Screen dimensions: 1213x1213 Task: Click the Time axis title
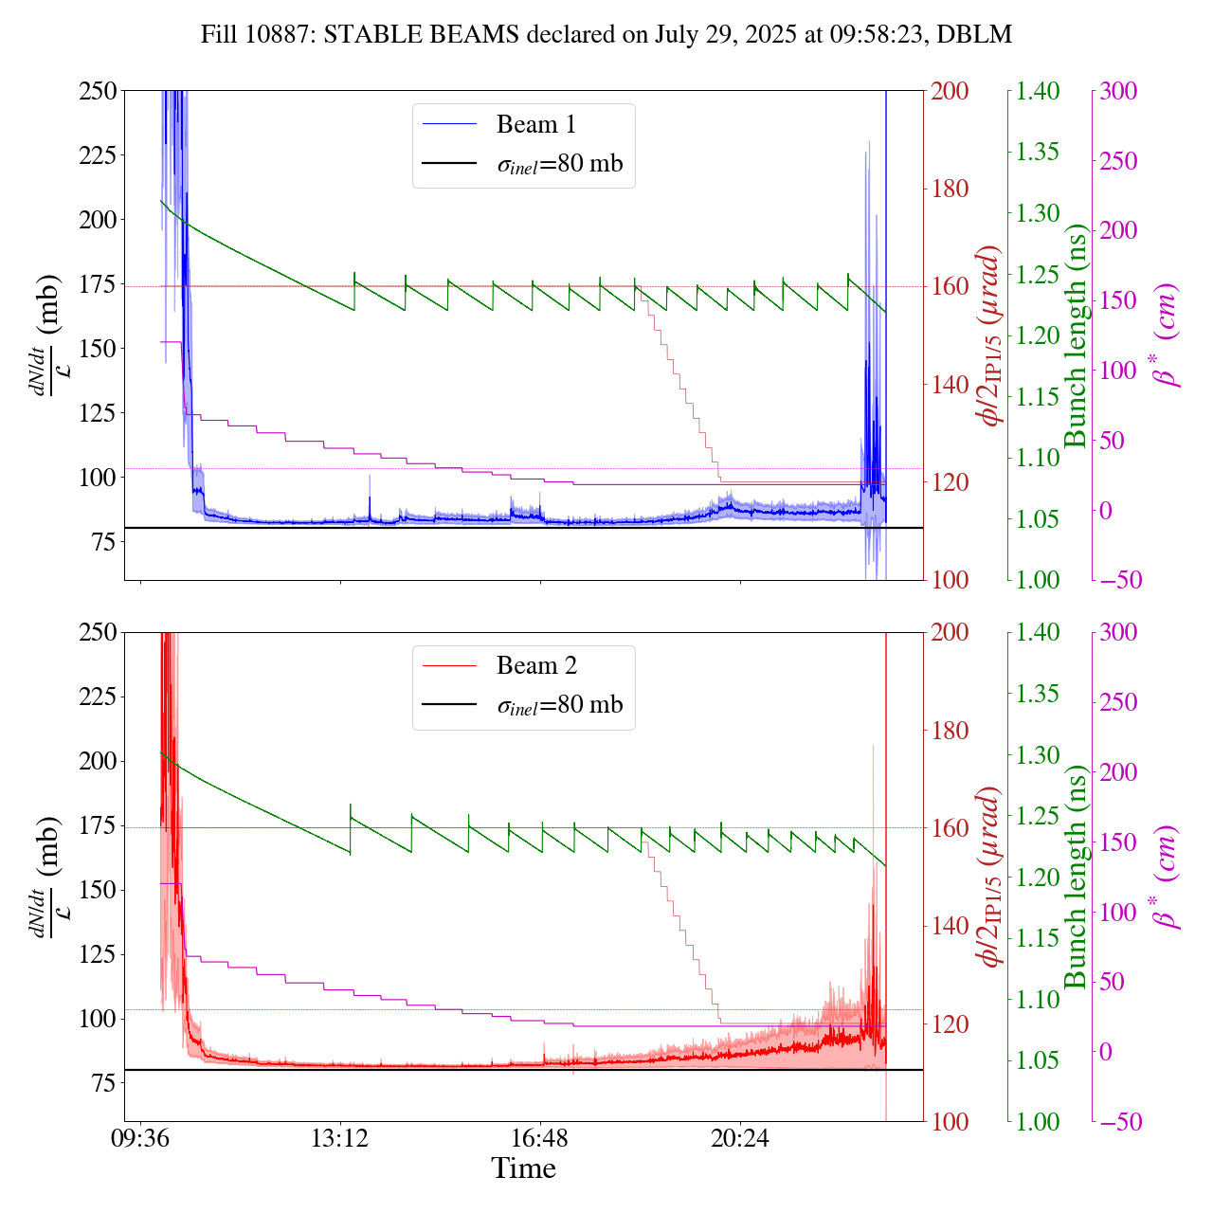pos(523,1168)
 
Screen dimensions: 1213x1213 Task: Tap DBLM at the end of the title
pos(982,35)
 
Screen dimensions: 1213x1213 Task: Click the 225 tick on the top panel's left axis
pos(98,154)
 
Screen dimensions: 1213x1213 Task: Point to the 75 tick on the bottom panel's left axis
pos(104,1083)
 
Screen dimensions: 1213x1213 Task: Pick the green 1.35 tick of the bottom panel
pos(1039,694)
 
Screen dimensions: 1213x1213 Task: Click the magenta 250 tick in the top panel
pos(1118,161)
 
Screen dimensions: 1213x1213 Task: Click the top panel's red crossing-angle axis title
pos(991,335)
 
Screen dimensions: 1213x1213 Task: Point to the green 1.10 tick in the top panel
pos(1039,458)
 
